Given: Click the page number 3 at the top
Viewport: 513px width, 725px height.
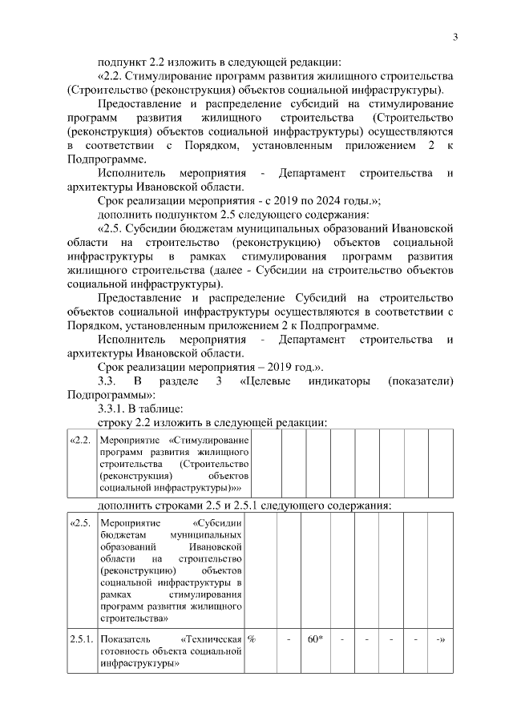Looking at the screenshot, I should [x=454, y=37].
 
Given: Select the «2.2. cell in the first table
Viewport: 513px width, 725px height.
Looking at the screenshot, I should [x=80, y=441].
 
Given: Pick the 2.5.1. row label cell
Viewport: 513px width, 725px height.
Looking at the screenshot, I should [x=82, y=638].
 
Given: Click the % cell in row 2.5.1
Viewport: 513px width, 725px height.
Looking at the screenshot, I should [x=252, y=638].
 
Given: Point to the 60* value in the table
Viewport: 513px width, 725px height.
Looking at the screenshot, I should [x=314, y=638].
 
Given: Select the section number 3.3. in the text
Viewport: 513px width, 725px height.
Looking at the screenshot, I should [x=108, y=381].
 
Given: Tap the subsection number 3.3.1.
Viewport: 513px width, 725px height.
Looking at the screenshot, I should [x=114, y=408].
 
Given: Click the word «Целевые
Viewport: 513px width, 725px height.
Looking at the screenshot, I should [x=266, y=381].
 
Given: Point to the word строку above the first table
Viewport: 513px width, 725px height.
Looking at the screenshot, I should [x=115, y=421].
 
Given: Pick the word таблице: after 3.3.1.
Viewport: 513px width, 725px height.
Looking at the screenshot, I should [x=161, y=408].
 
